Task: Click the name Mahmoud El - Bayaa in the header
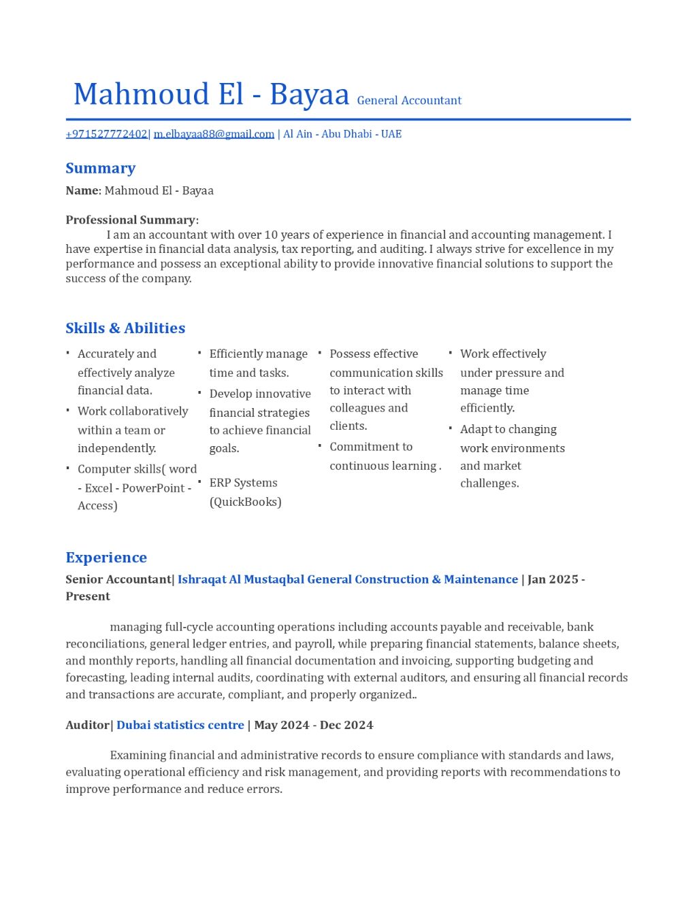[211, 95]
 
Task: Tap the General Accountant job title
[409, 101]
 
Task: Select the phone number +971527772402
[106, 134]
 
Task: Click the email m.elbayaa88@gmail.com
[214, 134]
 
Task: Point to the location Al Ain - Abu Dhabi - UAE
[342, 134]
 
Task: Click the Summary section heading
[100, 168]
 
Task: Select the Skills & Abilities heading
[125, 328]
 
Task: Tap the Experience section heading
[106, 558]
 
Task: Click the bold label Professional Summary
[130, 220]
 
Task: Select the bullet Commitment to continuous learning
[385, 456]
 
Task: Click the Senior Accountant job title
[118, 579]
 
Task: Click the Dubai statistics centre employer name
[180, 725]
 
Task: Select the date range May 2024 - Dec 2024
[314, 725]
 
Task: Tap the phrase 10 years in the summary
[287, 235]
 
